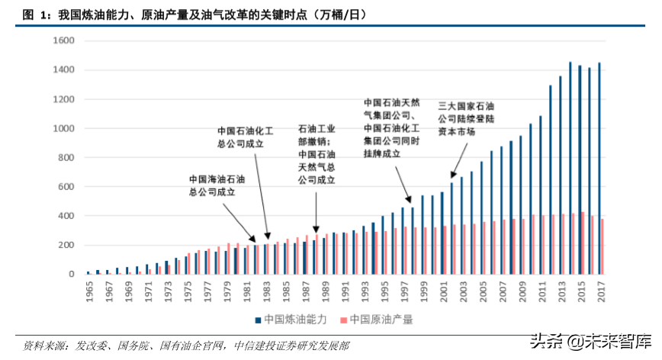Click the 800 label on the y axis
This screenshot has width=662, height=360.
click(66, 158)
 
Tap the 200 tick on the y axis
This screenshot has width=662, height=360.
click(66, 245)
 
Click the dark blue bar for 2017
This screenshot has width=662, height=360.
click(599, 168)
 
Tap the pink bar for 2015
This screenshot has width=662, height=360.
click(583, 243)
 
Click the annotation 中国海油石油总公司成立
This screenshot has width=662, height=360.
click(217, 186)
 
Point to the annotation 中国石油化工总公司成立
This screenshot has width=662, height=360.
click(246, 137)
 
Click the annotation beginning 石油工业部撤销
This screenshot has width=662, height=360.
click(317, 155)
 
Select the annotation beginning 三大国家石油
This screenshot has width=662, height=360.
click(467, 118)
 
